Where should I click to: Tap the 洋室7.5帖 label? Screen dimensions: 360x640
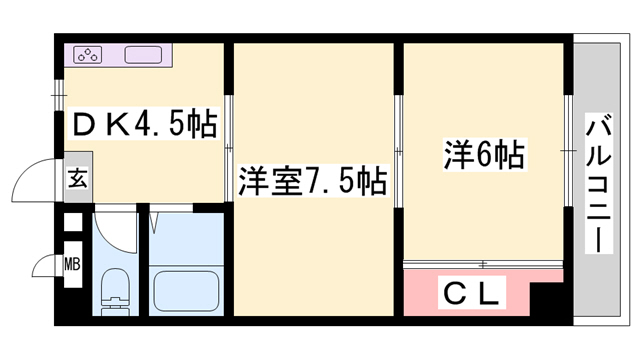click(312, 183)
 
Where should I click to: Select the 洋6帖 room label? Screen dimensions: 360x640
click(484, 156)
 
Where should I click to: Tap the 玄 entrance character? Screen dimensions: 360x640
click(77, 180)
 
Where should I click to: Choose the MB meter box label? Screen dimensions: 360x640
click(72, 265)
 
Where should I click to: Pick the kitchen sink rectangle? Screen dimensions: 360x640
click(144, 55)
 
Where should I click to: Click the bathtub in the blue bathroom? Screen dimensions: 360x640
click(187, 290)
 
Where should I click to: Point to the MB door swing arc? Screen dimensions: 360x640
click(45, 266)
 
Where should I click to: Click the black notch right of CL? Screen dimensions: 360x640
click(546, 297)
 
